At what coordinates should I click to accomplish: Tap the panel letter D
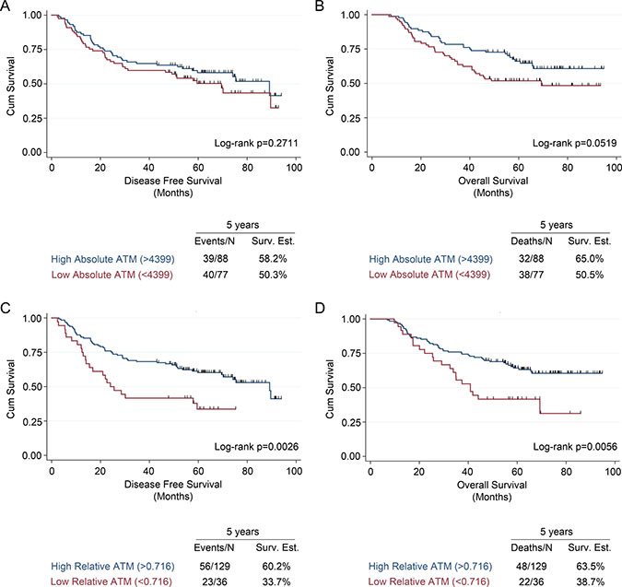point(321,310)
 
